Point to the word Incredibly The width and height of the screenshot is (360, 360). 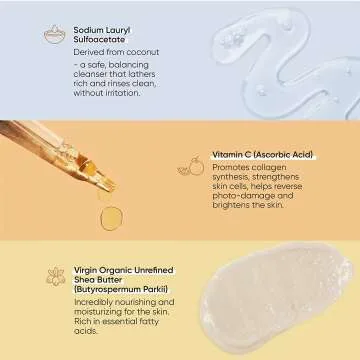[95, 302]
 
